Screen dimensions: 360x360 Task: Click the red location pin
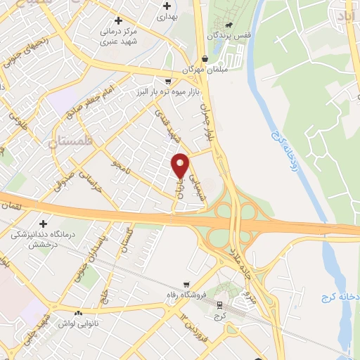click(181, 165)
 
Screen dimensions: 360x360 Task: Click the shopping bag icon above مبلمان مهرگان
click(205, 58)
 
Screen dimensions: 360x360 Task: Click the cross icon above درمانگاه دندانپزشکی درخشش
click(43, 222)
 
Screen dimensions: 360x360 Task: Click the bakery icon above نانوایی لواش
click(79, 313)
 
